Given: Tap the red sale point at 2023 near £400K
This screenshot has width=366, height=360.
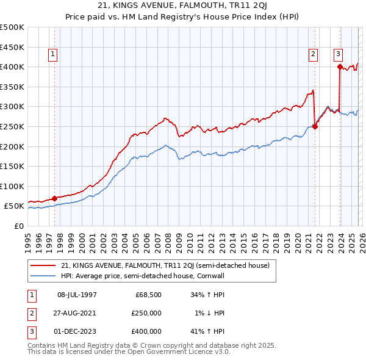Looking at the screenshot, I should click(x=339, y=67).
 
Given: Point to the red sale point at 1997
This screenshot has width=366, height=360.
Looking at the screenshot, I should click(x=54, y=198).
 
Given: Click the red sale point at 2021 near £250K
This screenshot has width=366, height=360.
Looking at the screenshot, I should click(x=315, y=127).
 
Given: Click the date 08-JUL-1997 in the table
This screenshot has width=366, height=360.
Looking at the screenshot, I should click(x=77, y=295).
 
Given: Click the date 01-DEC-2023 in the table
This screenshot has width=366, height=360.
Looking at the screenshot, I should click(x=77, y=331).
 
